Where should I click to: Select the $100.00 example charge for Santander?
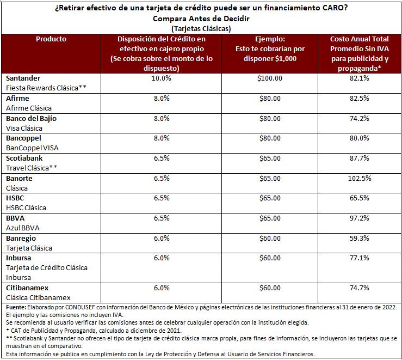point(270,78)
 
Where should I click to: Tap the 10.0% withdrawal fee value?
point(160,78)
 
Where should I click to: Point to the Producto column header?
point(51,39)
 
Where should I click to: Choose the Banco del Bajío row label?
point(31,118)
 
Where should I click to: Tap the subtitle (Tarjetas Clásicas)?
point(201,28)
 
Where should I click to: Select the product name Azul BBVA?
point(23,228)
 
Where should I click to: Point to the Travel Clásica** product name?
point(32,168)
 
